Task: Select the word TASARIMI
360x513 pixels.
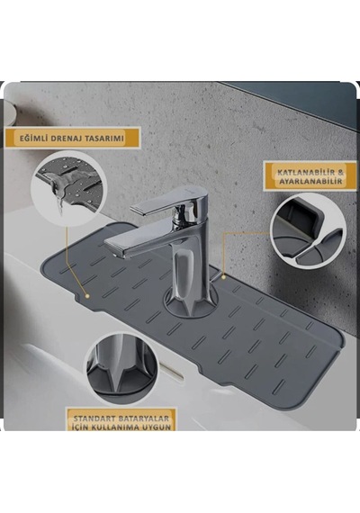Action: point(104,138)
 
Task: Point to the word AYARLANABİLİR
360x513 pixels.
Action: point(310,181)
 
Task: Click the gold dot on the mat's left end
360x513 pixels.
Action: point(87,296)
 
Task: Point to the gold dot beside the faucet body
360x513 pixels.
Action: point(224,276)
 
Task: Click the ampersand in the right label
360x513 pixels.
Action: point(340,172)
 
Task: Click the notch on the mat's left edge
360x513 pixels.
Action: point(78,298)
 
